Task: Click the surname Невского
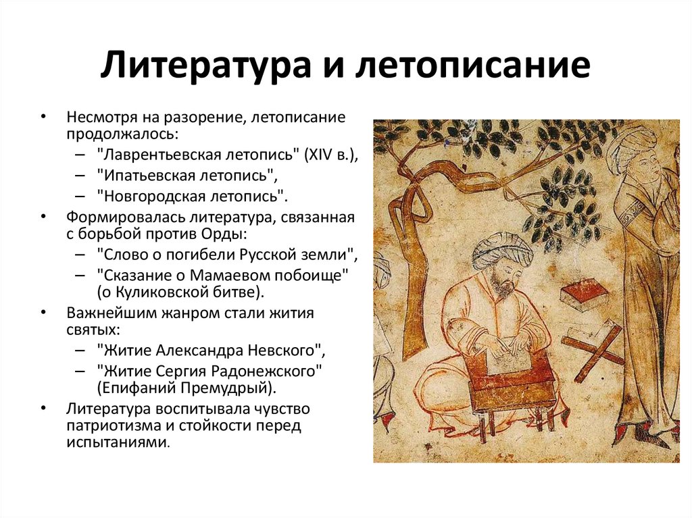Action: tap(280, 351)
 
